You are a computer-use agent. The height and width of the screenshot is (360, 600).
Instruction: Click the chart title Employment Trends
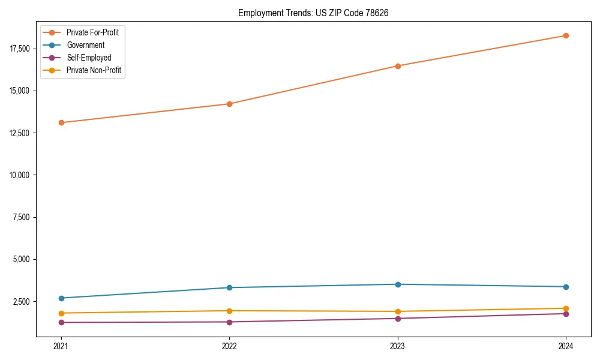313,13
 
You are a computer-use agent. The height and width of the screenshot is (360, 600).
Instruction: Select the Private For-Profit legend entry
92,32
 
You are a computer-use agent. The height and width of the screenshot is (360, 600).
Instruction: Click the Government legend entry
85,45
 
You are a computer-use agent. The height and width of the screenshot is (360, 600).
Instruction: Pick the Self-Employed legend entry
89,58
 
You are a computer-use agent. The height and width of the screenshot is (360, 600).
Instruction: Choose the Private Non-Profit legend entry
94,70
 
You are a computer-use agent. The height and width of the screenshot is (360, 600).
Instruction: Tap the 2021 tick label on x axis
61,346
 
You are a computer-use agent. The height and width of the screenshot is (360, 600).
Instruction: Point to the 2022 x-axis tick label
229,346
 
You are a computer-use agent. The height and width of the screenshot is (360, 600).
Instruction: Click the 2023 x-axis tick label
397,346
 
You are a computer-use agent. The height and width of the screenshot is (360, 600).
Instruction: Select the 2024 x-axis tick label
566,346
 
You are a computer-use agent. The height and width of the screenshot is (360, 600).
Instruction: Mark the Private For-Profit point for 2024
566,35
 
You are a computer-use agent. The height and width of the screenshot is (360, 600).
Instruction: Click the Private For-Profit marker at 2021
61,122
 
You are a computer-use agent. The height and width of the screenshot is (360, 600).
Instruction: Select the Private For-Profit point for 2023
397,66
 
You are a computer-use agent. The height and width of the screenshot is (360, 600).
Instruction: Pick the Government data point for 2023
397,284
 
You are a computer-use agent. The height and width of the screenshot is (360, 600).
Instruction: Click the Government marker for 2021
61,298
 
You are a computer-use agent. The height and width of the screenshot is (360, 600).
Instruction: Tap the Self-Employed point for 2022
229,322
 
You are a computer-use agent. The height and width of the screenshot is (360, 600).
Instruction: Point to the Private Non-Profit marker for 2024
566,308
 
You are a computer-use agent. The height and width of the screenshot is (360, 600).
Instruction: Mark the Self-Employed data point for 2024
566,314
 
